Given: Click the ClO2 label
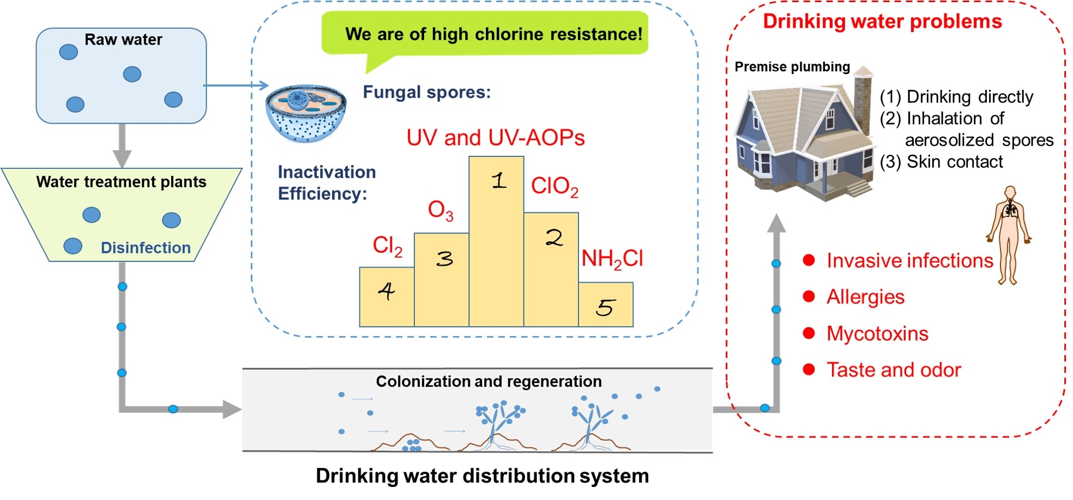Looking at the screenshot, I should tap(554, 186).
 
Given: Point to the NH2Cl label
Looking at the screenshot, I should tap(612, 259).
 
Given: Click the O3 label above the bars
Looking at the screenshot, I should tap(441, 211).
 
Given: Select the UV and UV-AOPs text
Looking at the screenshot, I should tap(495, 138).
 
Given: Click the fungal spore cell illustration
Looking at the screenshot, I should tap(306, 113).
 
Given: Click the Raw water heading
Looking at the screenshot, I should tap(123, 40).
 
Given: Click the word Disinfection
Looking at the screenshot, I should tap(146, 248).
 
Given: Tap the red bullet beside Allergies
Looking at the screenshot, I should tap(809, 297).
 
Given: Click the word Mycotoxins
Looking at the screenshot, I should tap(877, 333).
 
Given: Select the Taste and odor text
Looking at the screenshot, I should tap(893, 370).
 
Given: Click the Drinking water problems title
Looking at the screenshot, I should tap(882, 22).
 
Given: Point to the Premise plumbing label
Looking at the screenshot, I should tap(792, 67).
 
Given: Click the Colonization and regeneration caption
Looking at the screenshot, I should tap(489, 381).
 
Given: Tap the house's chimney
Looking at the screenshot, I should tap(863, 98).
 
